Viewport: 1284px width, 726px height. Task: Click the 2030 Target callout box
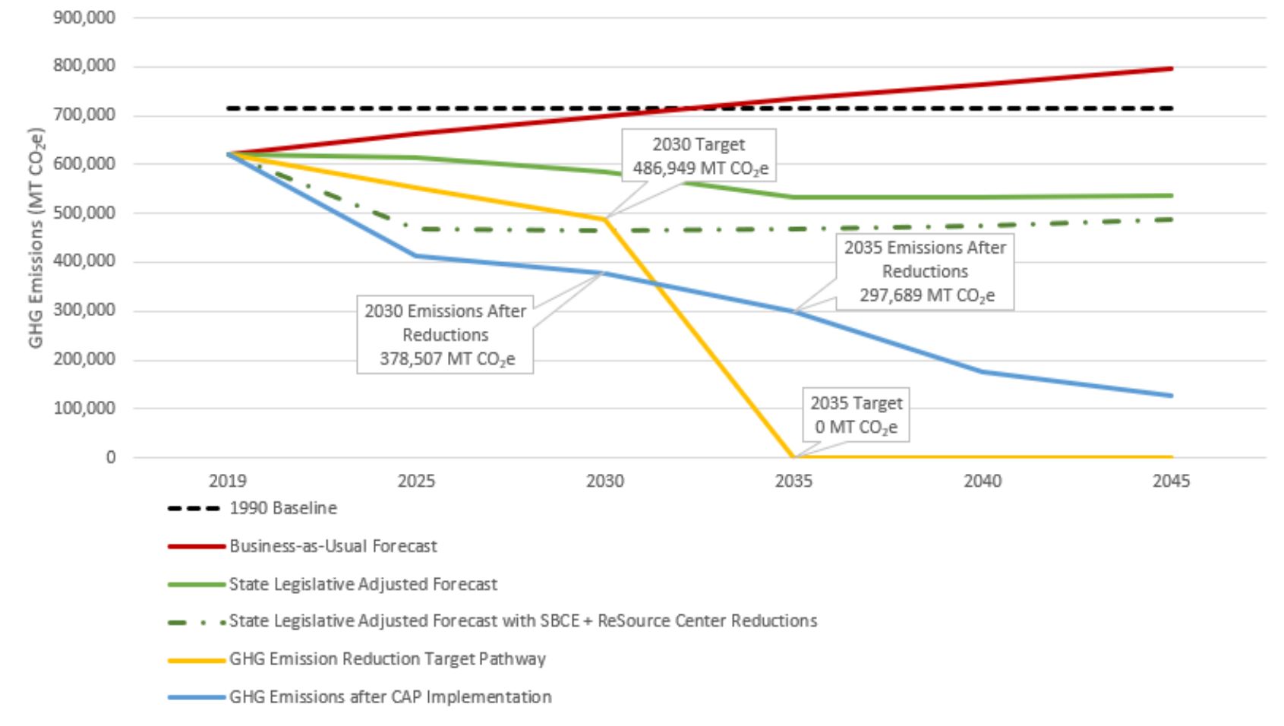click(699, 156)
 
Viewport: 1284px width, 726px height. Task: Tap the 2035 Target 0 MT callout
click(856, 415)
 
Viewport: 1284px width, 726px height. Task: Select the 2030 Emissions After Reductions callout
click(445, 334)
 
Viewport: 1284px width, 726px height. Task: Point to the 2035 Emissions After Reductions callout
click(925, 271)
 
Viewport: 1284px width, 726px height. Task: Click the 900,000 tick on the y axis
click(84, 17)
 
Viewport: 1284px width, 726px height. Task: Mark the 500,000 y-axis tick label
click(84, 213)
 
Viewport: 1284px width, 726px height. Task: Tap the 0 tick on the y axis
click(110, 457)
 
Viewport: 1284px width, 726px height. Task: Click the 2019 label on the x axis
click(228, 481)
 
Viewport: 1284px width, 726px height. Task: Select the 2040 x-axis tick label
click(983, 481)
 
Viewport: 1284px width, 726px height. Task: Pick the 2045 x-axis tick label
click(1171, 481)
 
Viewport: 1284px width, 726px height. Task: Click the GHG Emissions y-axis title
click(36, 238)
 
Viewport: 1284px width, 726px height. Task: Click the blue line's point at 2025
click(416, 256)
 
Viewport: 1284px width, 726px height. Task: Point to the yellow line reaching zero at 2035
click(794, 456)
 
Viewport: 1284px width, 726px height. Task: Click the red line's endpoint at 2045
click(1172, 69)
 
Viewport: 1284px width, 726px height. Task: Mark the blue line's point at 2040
click(983, 371)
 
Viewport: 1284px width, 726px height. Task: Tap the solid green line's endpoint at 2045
click(1172, 196)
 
